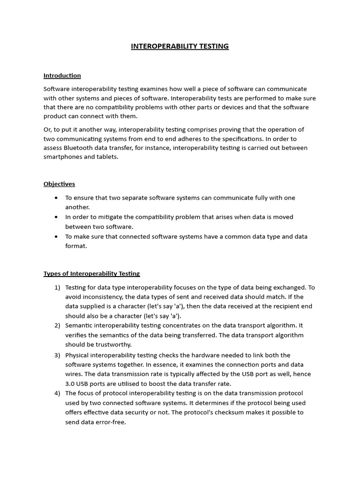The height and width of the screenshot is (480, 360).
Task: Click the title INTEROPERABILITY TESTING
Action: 180,46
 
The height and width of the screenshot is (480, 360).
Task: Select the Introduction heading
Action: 62,75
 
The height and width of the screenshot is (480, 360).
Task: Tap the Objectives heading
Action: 59,184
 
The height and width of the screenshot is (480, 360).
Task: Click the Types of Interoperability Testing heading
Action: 91,274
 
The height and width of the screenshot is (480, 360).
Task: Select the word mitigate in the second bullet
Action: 110,217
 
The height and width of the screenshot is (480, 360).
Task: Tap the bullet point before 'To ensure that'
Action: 56,198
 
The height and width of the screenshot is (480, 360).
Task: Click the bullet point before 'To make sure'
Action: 56,237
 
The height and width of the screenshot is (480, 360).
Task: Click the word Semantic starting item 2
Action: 79,326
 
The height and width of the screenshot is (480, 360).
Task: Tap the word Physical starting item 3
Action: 78,355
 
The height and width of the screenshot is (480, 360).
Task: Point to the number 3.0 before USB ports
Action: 70,384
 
